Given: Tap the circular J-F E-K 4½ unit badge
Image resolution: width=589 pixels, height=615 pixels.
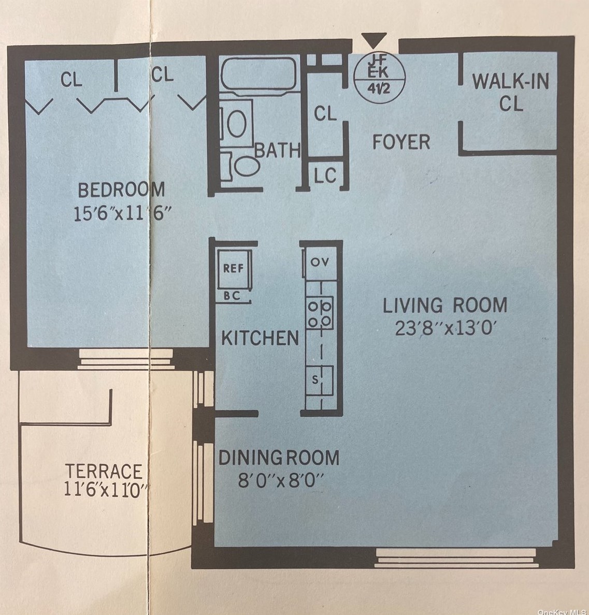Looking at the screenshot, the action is point(379,77).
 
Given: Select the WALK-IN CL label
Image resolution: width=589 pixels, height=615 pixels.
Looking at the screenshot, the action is point(511,92).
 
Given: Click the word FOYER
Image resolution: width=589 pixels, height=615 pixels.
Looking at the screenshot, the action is point(401,142).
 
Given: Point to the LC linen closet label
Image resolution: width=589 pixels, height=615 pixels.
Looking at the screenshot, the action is point(325,175).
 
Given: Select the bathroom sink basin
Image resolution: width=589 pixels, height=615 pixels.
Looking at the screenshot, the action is point(237,123).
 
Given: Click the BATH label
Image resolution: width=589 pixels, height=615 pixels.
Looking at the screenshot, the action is point(278,150).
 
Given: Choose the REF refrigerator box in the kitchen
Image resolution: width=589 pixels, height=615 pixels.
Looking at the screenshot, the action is point(234,269).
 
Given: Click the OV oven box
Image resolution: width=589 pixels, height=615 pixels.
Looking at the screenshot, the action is point(320,262).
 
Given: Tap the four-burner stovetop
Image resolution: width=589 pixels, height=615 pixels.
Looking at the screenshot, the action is point(320,313).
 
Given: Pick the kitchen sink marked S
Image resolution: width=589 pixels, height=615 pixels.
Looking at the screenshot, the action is point(320,380).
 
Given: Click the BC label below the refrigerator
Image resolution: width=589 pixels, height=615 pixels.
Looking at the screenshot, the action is point(232,296).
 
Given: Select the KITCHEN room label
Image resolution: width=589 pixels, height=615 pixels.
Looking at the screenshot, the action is point(260,338).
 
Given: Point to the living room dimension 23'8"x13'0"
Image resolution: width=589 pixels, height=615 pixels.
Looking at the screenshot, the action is point(446,328).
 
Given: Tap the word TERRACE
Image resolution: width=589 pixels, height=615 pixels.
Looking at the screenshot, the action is point(104,472).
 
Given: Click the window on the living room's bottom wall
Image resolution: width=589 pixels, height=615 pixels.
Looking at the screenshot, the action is point(456,558).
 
